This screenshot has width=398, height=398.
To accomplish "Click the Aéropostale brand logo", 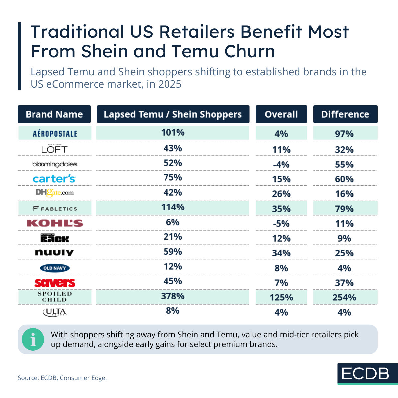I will pos(55,134).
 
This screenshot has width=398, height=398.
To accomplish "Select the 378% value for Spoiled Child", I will pos(173,296).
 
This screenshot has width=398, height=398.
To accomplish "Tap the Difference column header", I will pos(345,114).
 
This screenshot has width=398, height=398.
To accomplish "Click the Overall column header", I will pos(281,114).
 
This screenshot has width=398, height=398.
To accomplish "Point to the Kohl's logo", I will pos(55,223).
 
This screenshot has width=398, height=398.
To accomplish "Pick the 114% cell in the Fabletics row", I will pos(173,207).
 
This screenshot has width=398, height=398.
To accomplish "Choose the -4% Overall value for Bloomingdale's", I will pos(281,165).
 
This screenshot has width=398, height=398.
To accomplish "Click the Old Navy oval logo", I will pos(55,268).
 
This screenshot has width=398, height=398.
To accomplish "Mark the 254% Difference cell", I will pos(344,298).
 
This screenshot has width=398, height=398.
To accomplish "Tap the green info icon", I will pos(33,339).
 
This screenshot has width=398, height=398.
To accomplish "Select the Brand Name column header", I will pos(54,114).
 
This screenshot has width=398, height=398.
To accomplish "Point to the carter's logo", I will pos(54,179).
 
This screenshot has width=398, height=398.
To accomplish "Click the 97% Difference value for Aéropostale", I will pos(344,134).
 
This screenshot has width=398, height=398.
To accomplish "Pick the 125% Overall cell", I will pos(281,298).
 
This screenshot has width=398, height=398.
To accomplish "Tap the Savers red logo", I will pos(55,283).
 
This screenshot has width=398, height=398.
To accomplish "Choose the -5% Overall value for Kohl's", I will pos(281,224).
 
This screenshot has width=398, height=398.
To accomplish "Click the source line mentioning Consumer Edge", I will pos(62,378).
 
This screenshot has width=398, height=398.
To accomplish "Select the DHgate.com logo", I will pos(55,193).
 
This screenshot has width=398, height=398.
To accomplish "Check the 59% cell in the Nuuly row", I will pos(173,252).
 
